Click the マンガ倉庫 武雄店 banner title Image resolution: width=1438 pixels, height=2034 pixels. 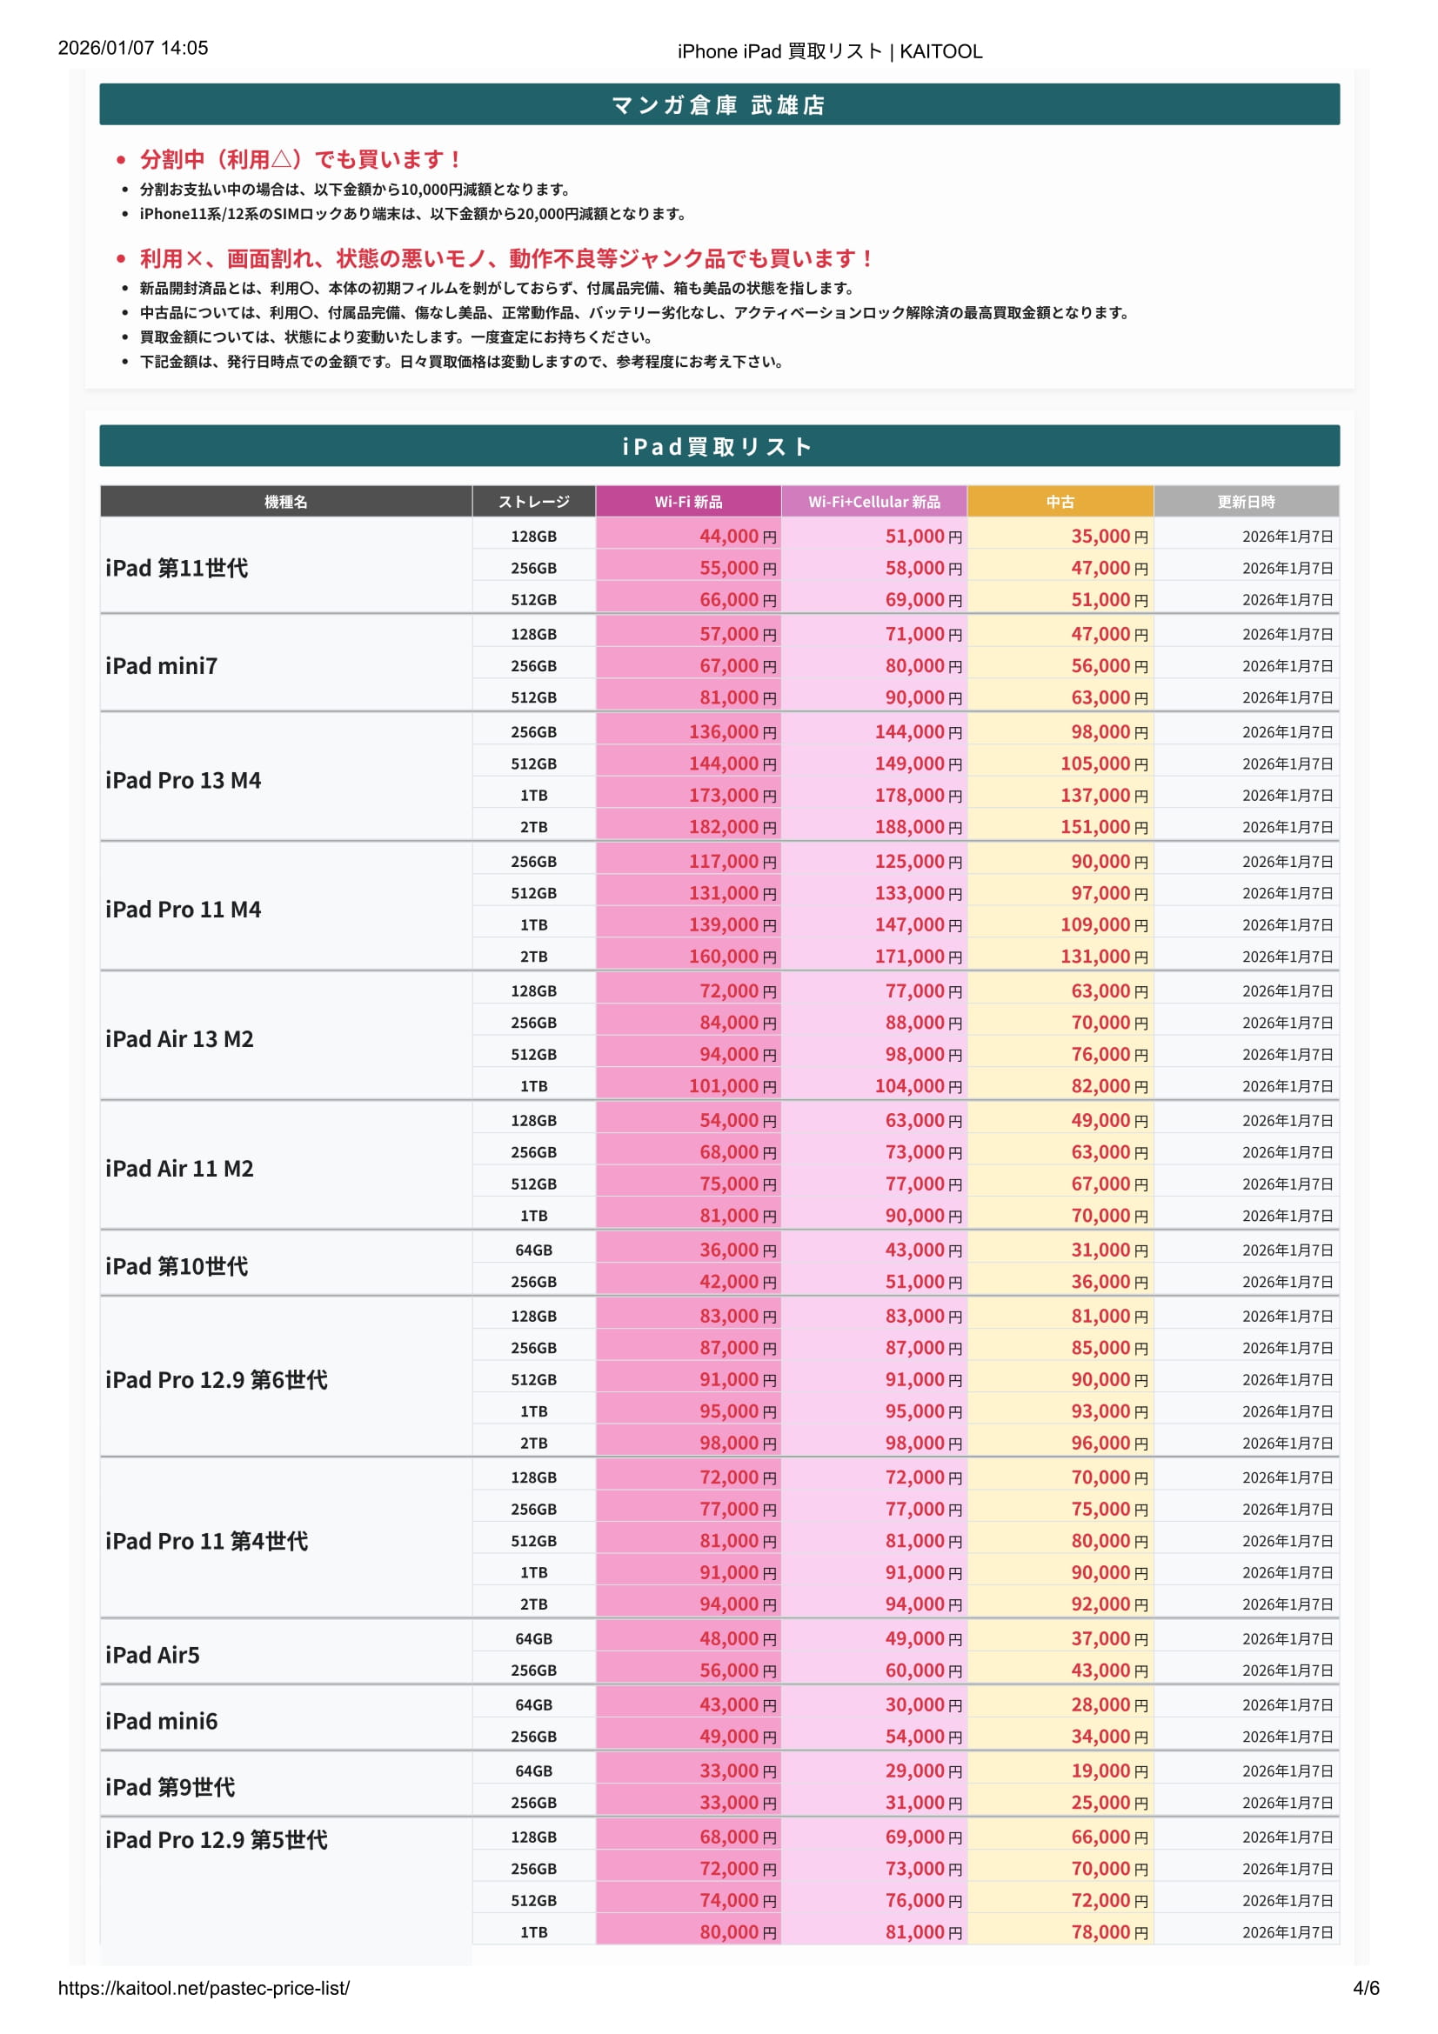(719, 105)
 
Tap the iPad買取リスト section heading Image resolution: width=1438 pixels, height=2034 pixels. (719, 446)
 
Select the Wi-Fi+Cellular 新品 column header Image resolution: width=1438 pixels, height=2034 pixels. (873, 502)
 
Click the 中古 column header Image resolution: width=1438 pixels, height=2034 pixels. (1060, 502)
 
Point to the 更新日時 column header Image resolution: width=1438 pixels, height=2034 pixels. (1246, 502)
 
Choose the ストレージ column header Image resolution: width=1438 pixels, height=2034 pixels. (533, 502)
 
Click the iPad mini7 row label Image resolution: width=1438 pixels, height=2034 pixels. (161, 665)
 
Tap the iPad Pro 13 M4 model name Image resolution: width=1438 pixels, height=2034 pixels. (184, 779)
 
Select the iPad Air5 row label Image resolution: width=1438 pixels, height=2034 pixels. (152, 1655)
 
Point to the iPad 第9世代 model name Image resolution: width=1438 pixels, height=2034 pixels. (171, 1787)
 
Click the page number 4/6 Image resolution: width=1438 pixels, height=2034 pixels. (1365, 1988)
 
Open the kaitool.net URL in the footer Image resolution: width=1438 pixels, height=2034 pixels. (204, 1988)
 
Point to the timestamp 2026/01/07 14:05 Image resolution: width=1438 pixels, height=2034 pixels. (133, 48)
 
